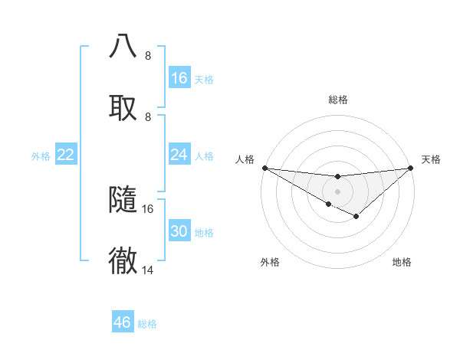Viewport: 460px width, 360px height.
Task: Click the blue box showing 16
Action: click(x=179, y=78)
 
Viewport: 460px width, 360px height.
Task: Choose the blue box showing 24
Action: click(x=179, y=155)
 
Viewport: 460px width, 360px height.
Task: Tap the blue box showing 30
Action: click(x=179, y=231)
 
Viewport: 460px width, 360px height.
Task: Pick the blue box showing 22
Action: click(x=66, y=155)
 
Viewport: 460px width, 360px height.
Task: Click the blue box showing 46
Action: click(x=123, y=322)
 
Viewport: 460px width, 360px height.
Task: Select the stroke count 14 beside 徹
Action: click(x=148, y=270)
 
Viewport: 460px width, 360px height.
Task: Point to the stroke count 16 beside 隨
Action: click(x=148, y=208)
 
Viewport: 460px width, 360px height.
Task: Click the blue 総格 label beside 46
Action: click(x=147, y=324)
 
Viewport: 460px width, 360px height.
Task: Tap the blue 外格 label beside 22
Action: click(x=41, y=156)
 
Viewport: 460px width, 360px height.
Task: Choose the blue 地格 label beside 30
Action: click(x=204, y=233)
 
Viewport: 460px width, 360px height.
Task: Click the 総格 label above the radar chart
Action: click(x=338, y=100)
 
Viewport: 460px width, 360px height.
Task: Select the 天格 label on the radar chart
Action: click(x=432, y=159)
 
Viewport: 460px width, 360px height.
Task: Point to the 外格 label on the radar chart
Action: click(x=270, y=262)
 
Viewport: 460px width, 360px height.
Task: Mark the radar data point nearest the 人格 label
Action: click(x=264, y=168)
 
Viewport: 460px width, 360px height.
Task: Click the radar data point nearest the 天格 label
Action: click(x=411, y=168)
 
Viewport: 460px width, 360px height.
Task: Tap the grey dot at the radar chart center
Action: click(x=338, y=191)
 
